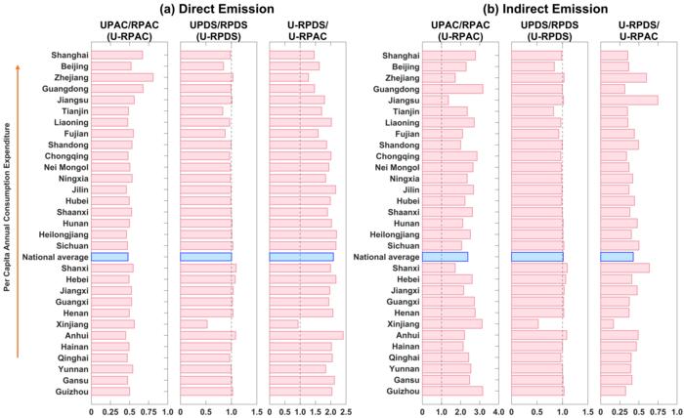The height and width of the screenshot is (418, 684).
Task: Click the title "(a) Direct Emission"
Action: pos(217,9)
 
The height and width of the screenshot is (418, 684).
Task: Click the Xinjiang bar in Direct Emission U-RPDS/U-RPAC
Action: pos(284,323)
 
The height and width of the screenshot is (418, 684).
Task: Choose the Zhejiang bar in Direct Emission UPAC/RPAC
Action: pos(122,77)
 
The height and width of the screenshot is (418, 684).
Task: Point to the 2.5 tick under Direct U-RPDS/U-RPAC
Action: pos(344,412)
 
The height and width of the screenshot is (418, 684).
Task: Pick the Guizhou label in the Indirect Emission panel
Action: pos(405,391)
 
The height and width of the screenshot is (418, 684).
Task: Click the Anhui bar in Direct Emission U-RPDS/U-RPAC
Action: pos(306,335)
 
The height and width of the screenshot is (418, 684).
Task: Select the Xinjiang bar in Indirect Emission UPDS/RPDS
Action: pos(525,323)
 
